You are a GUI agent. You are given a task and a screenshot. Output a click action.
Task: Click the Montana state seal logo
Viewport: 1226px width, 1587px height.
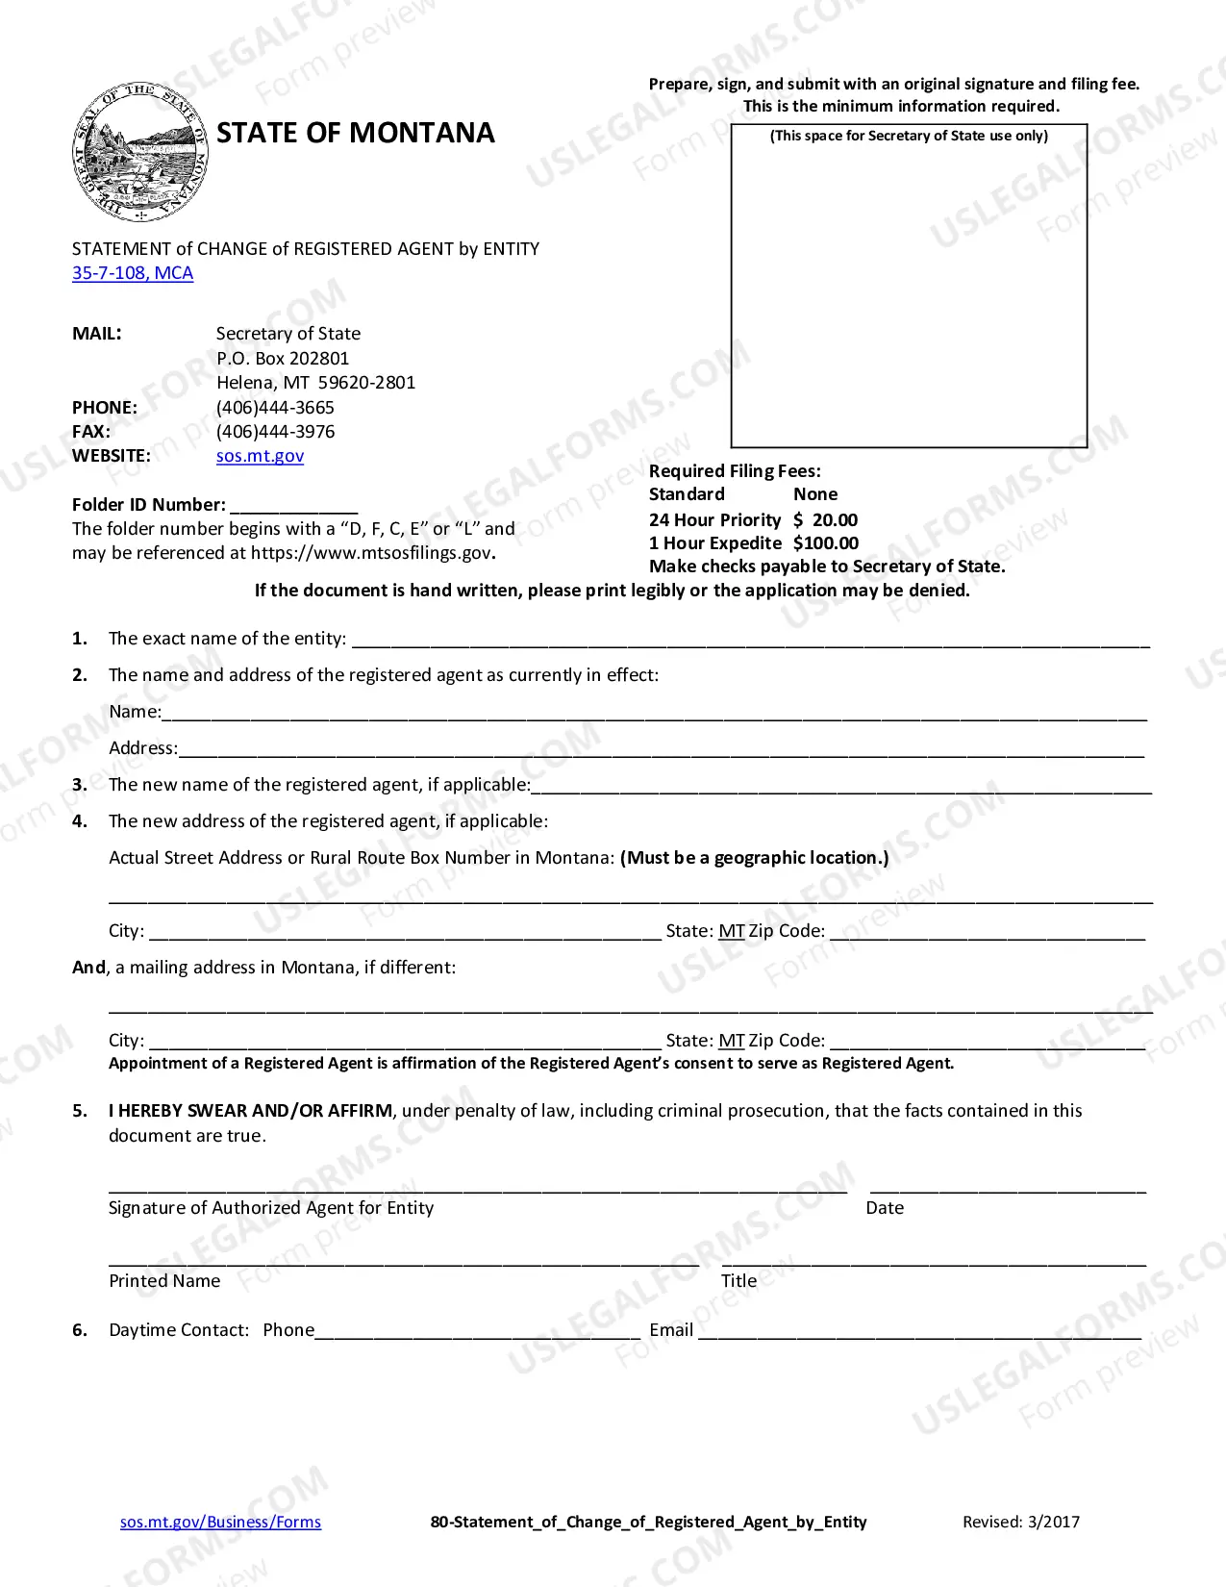[x=140, y=152]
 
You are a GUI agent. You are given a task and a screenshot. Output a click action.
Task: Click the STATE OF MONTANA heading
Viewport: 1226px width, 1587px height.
[x=355, y=133]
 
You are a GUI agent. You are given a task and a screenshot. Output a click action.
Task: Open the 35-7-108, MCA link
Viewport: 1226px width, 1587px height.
[x=133, y=273]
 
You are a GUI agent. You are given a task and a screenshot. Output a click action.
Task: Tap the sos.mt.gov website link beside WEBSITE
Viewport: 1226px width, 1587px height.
[x=260, y=456]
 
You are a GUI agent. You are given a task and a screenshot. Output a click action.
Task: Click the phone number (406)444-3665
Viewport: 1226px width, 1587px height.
[x=275, y=407]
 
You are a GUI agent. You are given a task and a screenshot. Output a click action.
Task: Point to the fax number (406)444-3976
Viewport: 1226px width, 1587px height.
[x=275, y=432]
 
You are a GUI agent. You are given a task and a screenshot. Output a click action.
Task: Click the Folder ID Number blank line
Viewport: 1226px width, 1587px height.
[x=294, y=507]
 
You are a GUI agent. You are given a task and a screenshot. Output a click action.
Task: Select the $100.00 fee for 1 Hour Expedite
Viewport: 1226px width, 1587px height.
[x=825, y=543]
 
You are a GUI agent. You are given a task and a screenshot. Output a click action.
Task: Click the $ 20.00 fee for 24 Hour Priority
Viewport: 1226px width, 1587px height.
[x=825, y=520]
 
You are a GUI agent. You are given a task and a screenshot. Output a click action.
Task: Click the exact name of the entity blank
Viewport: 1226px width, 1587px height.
[x=750, y=641]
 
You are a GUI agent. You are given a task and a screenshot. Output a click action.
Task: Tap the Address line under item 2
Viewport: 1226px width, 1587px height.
[x=662, y=750]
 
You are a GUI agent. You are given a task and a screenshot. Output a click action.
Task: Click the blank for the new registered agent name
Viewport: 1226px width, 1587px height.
[x=841, y=787]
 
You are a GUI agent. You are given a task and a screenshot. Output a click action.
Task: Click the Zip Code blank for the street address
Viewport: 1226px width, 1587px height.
[x=988, y=933]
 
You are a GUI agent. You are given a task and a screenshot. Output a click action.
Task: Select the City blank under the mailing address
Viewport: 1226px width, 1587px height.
[x=405, y=1043]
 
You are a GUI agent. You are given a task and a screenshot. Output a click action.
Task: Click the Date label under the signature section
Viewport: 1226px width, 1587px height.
[x=885, y=1208]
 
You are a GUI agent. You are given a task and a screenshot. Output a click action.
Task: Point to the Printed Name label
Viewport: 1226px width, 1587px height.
[x=164, y=1281]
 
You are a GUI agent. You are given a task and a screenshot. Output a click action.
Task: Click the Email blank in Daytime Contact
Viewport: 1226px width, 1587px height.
[x=919, y=1332]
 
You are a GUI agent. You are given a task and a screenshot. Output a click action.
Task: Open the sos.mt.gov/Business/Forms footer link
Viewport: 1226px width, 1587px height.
[x=220, y=1522]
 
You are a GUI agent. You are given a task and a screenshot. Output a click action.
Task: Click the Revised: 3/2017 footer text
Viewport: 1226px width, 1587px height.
[x=1021, y=1522]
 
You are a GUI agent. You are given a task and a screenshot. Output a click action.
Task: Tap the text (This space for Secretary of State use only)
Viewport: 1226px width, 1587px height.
[x=909, y=136]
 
